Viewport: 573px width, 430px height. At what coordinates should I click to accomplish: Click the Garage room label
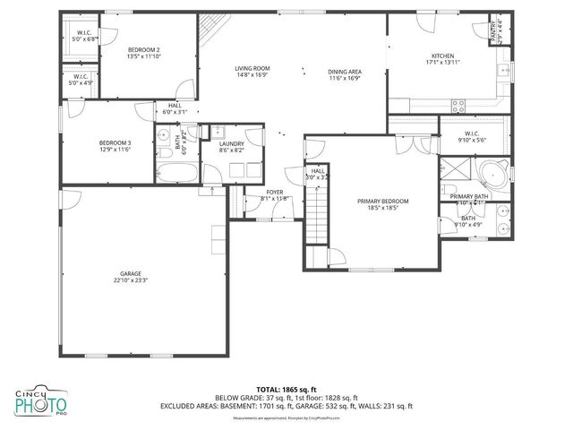coord(130,273)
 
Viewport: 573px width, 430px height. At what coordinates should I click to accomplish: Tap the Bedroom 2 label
coord(144,49)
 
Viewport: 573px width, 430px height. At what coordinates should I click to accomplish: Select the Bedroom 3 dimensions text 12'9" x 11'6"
coord(115,150)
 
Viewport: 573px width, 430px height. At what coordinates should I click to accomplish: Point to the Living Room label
coord(252,69)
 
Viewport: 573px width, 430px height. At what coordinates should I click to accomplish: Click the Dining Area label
coord(345,71)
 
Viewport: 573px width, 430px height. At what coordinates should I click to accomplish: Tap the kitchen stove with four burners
coord(459,104)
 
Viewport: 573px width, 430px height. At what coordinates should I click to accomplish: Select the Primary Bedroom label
coord(383,202)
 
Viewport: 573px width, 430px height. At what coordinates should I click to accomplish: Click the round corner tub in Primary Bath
coord(493,173)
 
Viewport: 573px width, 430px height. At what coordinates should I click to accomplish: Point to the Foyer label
coord(274,192)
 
